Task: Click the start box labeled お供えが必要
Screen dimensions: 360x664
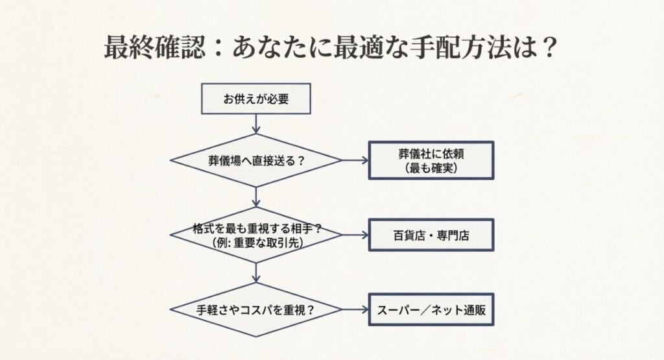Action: (x=255, y=99)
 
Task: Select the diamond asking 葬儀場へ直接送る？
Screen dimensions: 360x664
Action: (x=255, y=160)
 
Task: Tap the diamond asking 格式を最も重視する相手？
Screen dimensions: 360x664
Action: (x=255, y=235)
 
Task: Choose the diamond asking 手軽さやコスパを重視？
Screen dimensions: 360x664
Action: (x=255, y=309)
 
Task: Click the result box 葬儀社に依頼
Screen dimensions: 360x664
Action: (x=431, y=160)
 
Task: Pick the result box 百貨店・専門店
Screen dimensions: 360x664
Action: (x=431, y=235)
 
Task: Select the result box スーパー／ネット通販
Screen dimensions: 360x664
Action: (x=431, y=309)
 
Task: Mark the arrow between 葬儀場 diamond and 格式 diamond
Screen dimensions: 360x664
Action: (x=255, y=197)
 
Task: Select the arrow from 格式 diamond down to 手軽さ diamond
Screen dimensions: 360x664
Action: (x=255, y=272)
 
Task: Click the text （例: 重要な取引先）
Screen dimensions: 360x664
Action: (x=255, y=242)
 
